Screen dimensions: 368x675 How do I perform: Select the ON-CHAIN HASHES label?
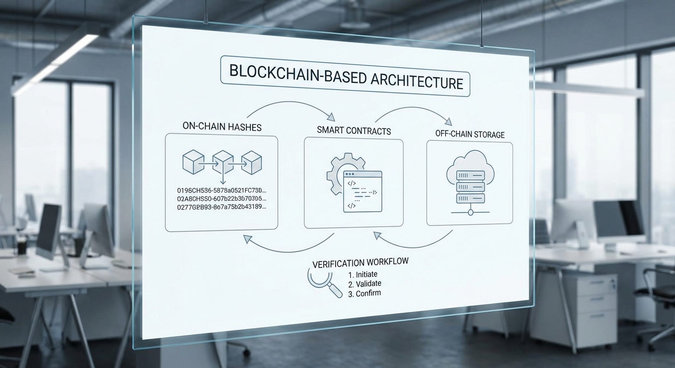222,127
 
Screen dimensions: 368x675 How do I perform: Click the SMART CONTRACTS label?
353,130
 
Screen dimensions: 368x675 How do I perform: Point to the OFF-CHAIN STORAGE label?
469,134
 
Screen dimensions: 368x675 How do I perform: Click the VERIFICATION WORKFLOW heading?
361,263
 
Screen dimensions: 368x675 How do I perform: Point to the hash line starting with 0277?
221,207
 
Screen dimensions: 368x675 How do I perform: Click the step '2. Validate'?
365,284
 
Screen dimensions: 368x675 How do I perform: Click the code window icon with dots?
362,191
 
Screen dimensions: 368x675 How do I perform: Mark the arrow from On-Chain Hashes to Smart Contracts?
290,106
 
